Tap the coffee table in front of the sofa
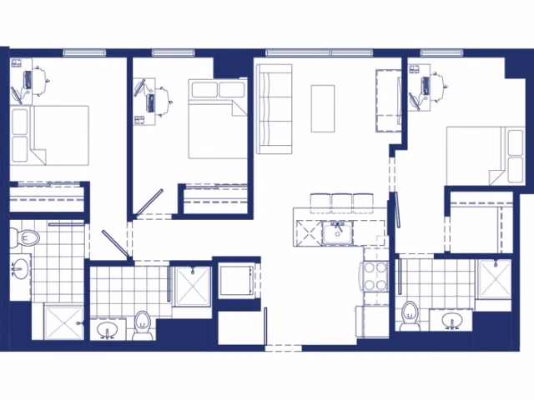click(323, 108)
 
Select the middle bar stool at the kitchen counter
click(342, 202)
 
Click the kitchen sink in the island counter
click(337, 234)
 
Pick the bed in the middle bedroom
click(218, 118)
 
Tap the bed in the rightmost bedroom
click(476, 155)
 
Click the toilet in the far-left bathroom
click(27, 237)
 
